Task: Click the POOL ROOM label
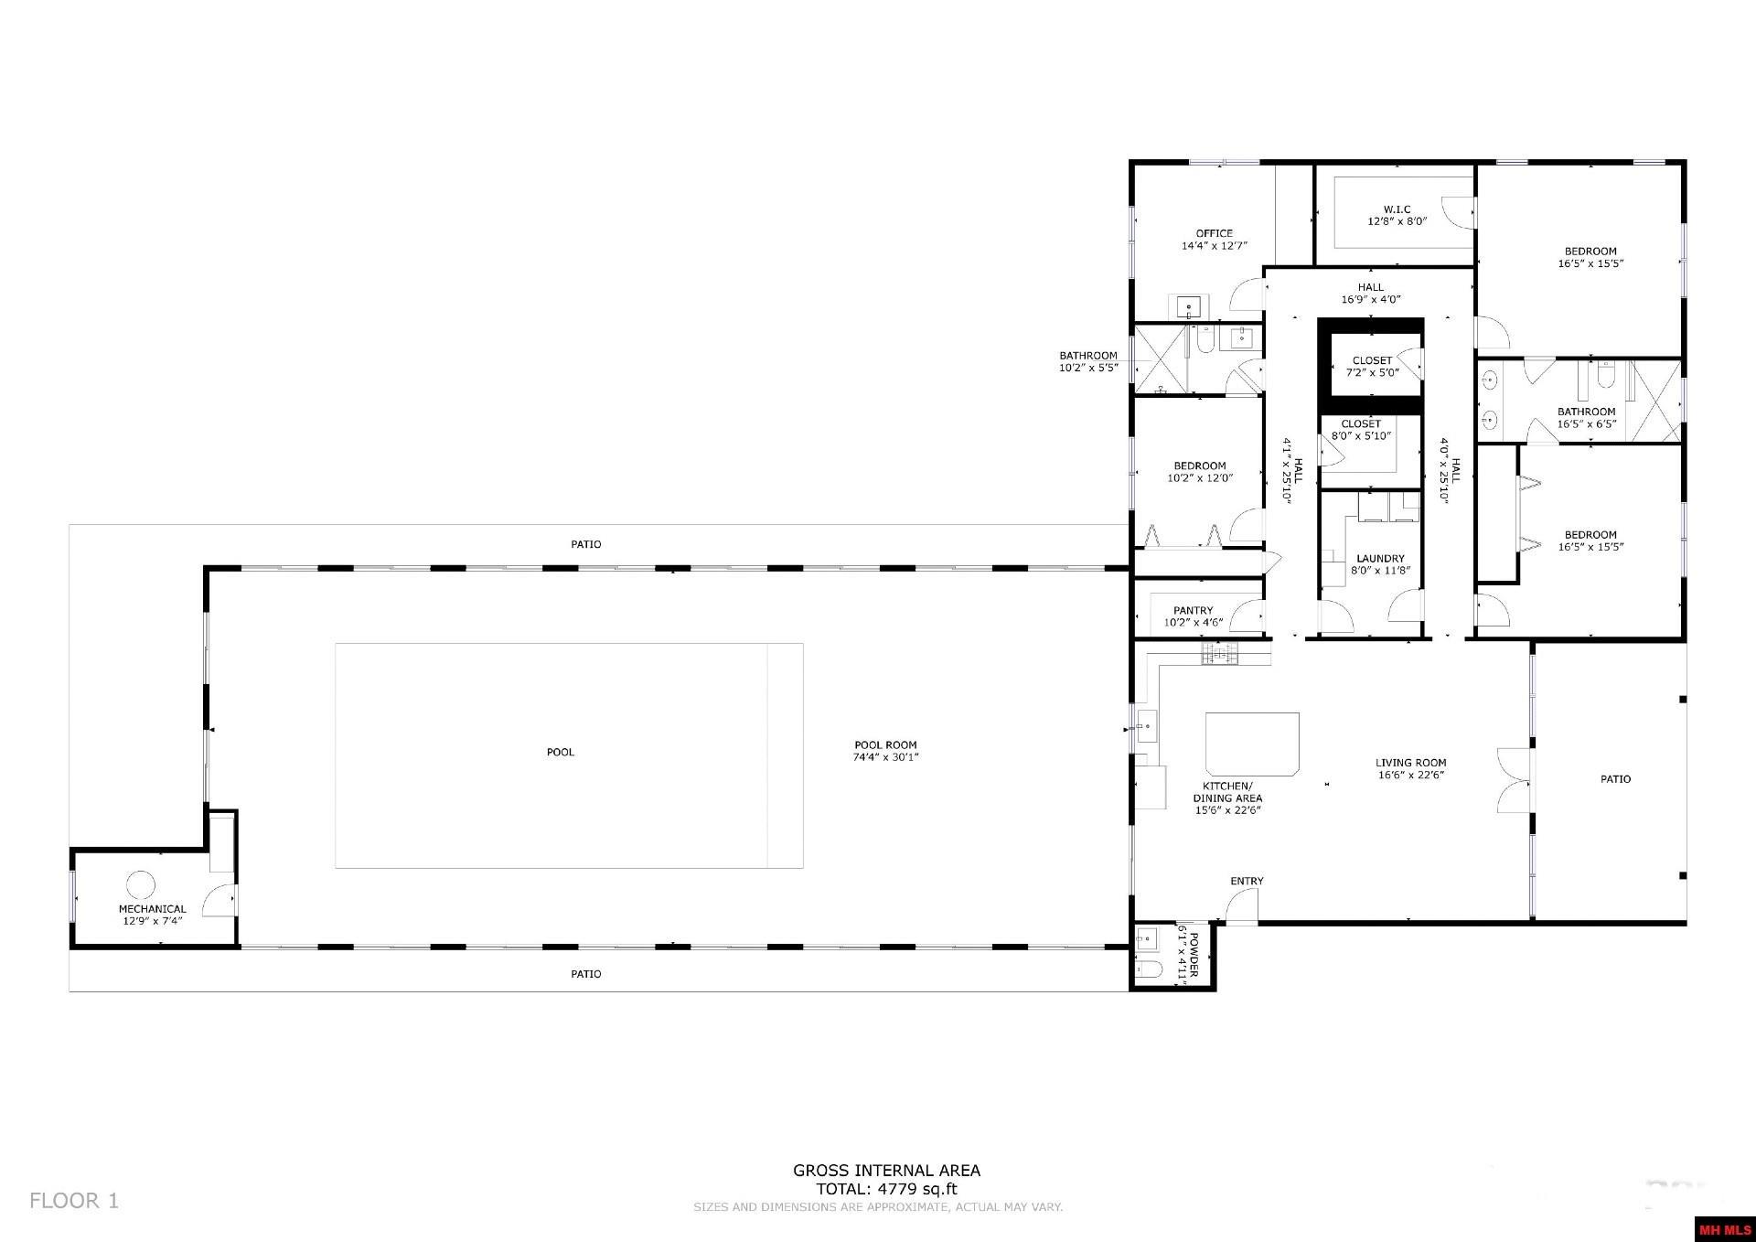pyautogui.click(x=885, y=745)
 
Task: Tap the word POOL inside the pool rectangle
pyautogui.click(x=561, y=752)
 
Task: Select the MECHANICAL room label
pyautogui.click(x=152, y=909)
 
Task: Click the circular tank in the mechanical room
pyautogui.click(x=141, y=884)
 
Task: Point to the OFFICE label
pyautogui.click(x=1214, y=233)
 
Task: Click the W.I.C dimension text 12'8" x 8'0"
pyautogui.click(x=1397, y=222)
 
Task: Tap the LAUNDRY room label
pyautogui.click(x=1380, y=559)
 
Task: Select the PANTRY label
pyautogui.click(x=1193, y=611)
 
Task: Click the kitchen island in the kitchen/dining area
pyautogui.click(x=1252, y=744)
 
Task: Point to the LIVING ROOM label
pyautogui.click(x=1410, y=763)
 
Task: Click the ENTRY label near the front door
pyautogui.click(x=1247, y=881)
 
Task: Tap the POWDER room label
pyautogui.click(x=1193, y=952)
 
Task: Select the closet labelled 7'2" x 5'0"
pyautogui.click(x=1372, y=367)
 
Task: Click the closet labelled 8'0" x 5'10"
pyautogui.click(x=1360, y=430)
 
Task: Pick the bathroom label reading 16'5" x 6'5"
pyautogui.click(x=1587, y=418)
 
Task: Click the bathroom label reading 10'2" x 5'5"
pyautogui.click(x=1088, y=362)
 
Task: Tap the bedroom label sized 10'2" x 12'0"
pyautogui.click(x=1200, y=472)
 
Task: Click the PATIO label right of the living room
pyautogui.click(x=1615, y=779)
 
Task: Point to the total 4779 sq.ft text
pyautogui.click(x=886, y=1190)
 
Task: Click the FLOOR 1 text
pyautogui.click(x=74, y=1201)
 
